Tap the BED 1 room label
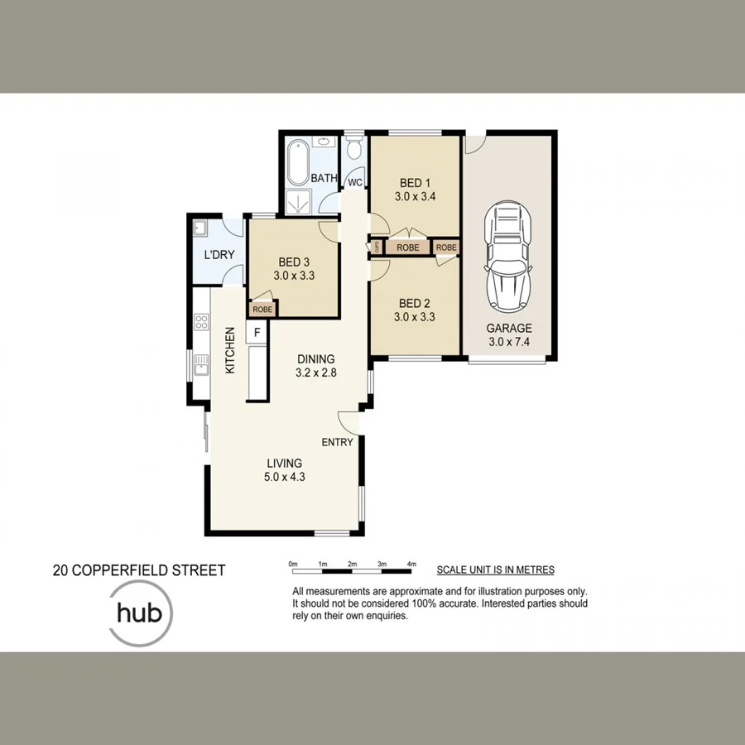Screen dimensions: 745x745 [x=415, y=183]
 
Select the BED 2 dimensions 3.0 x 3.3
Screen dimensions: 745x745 [x=415, y=316]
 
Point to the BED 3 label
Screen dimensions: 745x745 [x=294, y=262]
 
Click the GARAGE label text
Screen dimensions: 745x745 [x=509, y=328]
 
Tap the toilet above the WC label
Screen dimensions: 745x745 [x=355, y=150]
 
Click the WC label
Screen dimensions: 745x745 [x=355, y=182]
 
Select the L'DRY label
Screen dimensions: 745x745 [x=219, y=255]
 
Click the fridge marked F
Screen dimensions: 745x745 [x=257, y=332]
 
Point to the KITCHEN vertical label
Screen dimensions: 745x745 [x=231, y=350]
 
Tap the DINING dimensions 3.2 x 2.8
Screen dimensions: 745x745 [x=315, y=372]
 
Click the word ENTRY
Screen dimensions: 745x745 [x=337, y=442]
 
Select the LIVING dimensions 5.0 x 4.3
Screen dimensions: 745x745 [x=284, y=476]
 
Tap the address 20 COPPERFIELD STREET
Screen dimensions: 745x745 [x=138, y=570]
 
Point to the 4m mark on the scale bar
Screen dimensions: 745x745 [x=411, y=564]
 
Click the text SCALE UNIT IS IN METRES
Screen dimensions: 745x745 [x=495, y=570]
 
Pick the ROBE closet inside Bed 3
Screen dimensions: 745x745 [x=262, y=309]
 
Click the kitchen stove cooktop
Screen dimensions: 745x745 [x=200, y=322]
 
